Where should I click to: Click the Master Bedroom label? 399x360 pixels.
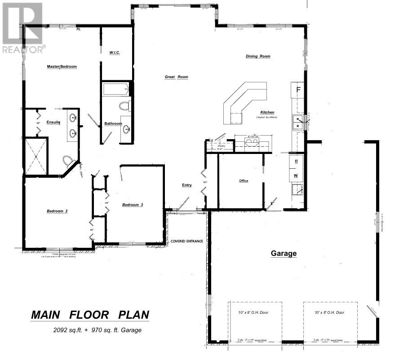(x=62, y=67)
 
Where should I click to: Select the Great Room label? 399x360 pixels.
(x=176, y=77)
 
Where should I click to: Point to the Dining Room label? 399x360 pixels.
(x=258, y=57)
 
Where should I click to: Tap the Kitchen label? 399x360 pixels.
(x=267, y=112)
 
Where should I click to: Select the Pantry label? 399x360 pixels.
(x=221, y=146)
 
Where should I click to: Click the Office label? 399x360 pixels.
(x=244, y=181)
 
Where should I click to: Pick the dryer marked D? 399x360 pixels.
(x=296, y=161)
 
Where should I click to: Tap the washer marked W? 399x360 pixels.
(x=296, y=175)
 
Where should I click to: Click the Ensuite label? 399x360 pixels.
(x=53, y=123)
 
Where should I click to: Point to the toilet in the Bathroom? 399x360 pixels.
(x=124, y=106)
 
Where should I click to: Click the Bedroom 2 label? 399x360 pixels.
(x=57, y=211)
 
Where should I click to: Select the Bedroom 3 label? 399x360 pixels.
(x=133, y=205)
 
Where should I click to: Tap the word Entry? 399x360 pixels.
(x=186, y=185)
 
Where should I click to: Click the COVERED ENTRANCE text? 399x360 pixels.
(x=187, y=241)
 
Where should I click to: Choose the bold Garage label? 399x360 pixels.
(x=284, y=254)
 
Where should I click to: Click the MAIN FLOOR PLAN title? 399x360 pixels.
(x=90, y=315)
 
